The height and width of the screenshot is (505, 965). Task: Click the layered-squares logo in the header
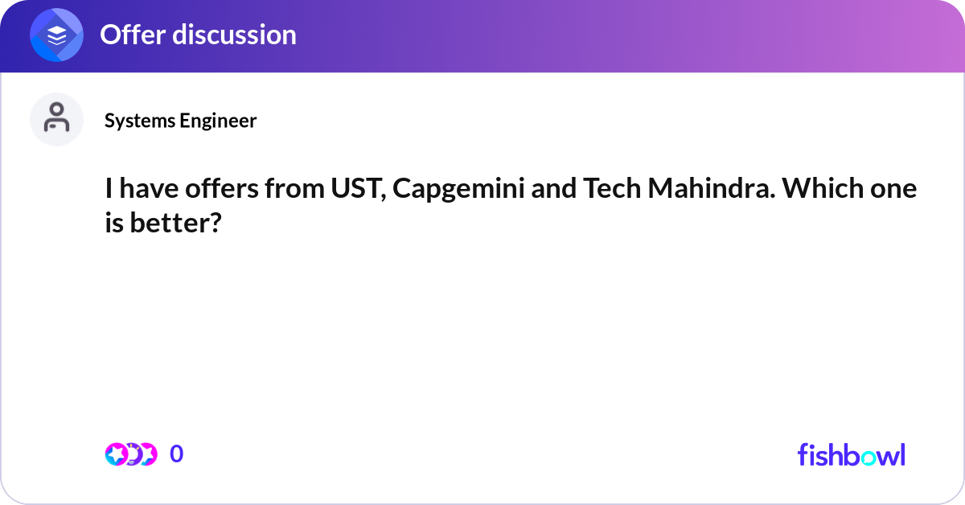57,35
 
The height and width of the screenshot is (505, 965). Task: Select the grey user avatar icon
56,119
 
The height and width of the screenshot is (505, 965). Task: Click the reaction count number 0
177,454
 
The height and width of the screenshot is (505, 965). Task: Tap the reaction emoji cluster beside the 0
130,454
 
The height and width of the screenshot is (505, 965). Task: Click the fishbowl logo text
851,454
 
